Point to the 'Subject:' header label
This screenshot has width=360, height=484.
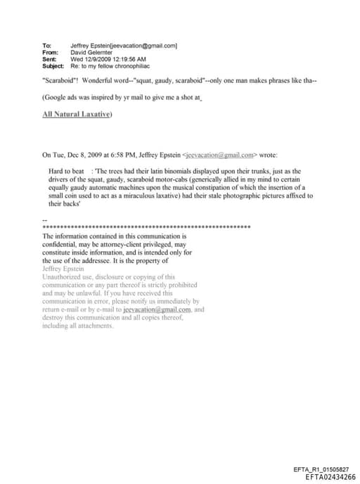(x=53, y=65)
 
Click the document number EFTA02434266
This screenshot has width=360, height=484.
(x=331, y=477)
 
